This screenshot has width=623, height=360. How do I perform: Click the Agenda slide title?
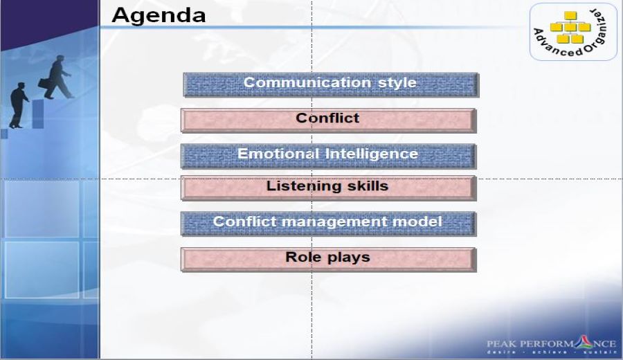[x=159, y=16]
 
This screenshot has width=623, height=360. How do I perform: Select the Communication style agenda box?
[x=331, y=84]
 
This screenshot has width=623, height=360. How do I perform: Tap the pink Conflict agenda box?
[x=328, y=120]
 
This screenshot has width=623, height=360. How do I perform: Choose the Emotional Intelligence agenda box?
[x=328, y=156]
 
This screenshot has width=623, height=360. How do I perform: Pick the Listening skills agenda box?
[x=328, y=188]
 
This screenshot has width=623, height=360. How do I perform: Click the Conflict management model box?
[x=328, y=224]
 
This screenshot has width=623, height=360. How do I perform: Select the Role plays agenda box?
[x=328, y=260]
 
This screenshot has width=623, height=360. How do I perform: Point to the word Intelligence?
[x=372, y=154]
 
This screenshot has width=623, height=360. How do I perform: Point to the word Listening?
[x=303, y=186]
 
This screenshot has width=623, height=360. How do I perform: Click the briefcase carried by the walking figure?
[x=44, y=84]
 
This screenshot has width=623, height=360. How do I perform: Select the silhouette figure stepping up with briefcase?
[x=57, y=77]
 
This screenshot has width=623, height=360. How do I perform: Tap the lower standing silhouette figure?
[x=18, y=105]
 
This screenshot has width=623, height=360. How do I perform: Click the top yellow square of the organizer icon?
[x=570, y=16]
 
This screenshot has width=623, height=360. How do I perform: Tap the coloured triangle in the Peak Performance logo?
[x=584, y=343]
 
